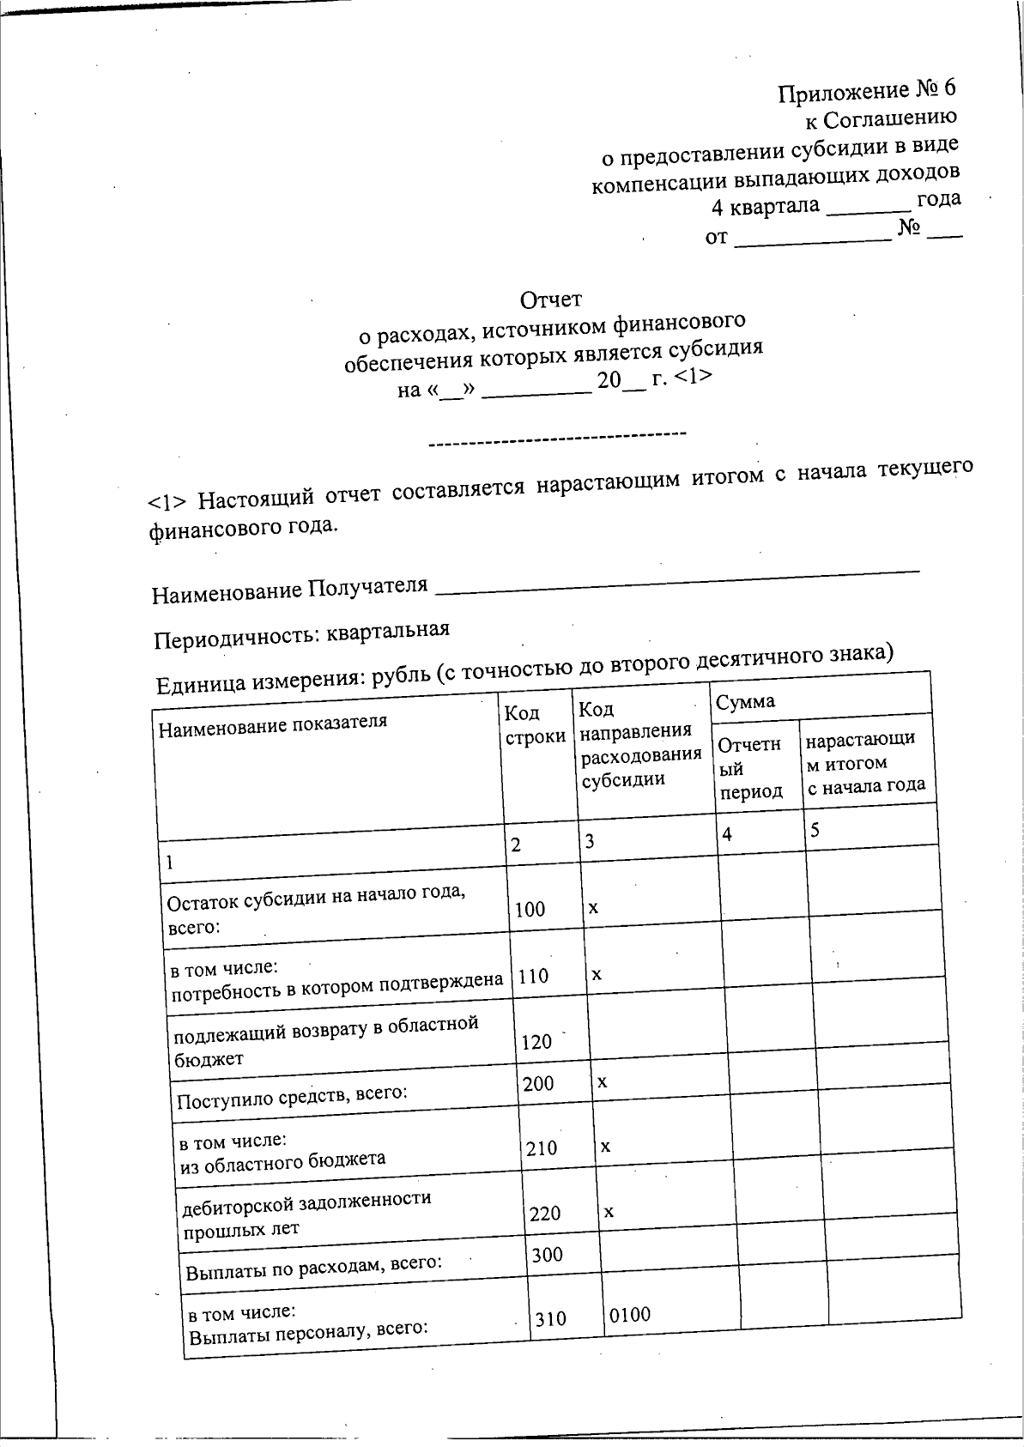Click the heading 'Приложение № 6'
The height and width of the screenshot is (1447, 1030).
pos(866,91)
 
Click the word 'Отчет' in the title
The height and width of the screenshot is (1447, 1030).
pos(550,300)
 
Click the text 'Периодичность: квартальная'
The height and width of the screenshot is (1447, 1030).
pos(301,636)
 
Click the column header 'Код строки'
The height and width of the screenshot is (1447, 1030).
pos(534,724)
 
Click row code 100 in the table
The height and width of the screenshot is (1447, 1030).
pos(530,909)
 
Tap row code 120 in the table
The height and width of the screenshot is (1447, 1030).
pos(536,1042)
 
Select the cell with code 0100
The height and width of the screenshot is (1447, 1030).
pos(630,1314)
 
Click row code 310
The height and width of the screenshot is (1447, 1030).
pos(550,1318)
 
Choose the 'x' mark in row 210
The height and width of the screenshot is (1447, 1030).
pos(605,1146)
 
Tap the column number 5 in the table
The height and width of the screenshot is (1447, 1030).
pos(815,829)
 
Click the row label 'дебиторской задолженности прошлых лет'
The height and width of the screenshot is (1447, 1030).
pos(306,1213)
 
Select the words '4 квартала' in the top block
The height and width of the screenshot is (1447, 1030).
pos(765,207)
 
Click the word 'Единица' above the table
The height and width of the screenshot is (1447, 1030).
pos(200,687)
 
